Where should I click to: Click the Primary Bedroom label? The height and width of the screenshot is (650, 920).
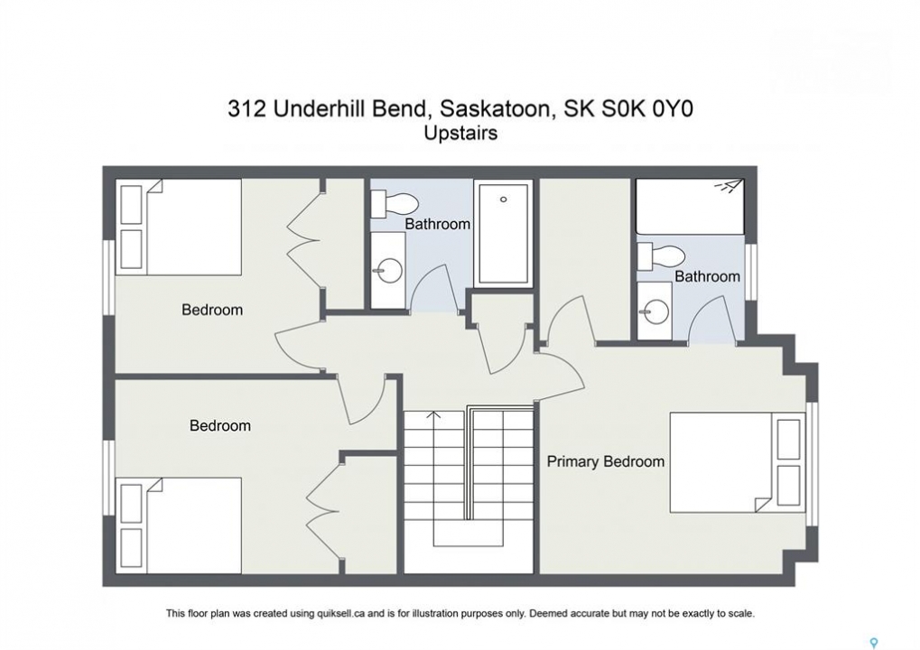(x=606, y=462)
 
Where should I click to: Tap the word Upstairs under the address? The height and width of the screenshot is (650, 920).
(x=460, y=134)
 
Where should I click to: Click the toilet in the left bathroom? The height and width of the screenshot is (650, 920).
(x=394, y=203)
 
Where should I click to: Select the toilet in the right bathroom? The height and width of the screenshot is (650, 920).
(x=662, y=255)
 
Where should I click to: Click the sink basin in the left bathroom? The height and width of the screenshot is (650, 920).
(x=389, y=271)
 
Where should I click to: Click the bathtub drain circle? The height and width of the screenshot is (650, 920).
(x=504, y=200)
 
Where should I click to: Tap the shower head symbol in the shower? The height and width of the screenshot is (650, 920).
(x=728, y=186)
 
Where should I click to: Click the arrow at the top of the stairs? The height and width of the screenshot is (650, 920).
(x=433, y=414)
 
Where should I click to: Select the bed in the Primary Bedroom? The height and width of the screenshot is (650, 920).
(x=737, y=462)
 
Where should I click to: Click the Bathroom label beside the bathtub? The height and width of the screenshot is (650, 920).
(x=438, y=224)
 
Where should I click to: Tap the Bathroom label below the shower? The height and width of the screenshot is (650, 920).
(x=707, y=276)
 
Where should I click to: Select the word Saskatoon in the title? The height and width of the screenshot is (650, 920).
(x=495, y=109)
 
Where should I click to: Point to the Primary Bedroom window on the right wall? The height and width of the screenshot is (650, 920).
(x=812, y=464)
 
